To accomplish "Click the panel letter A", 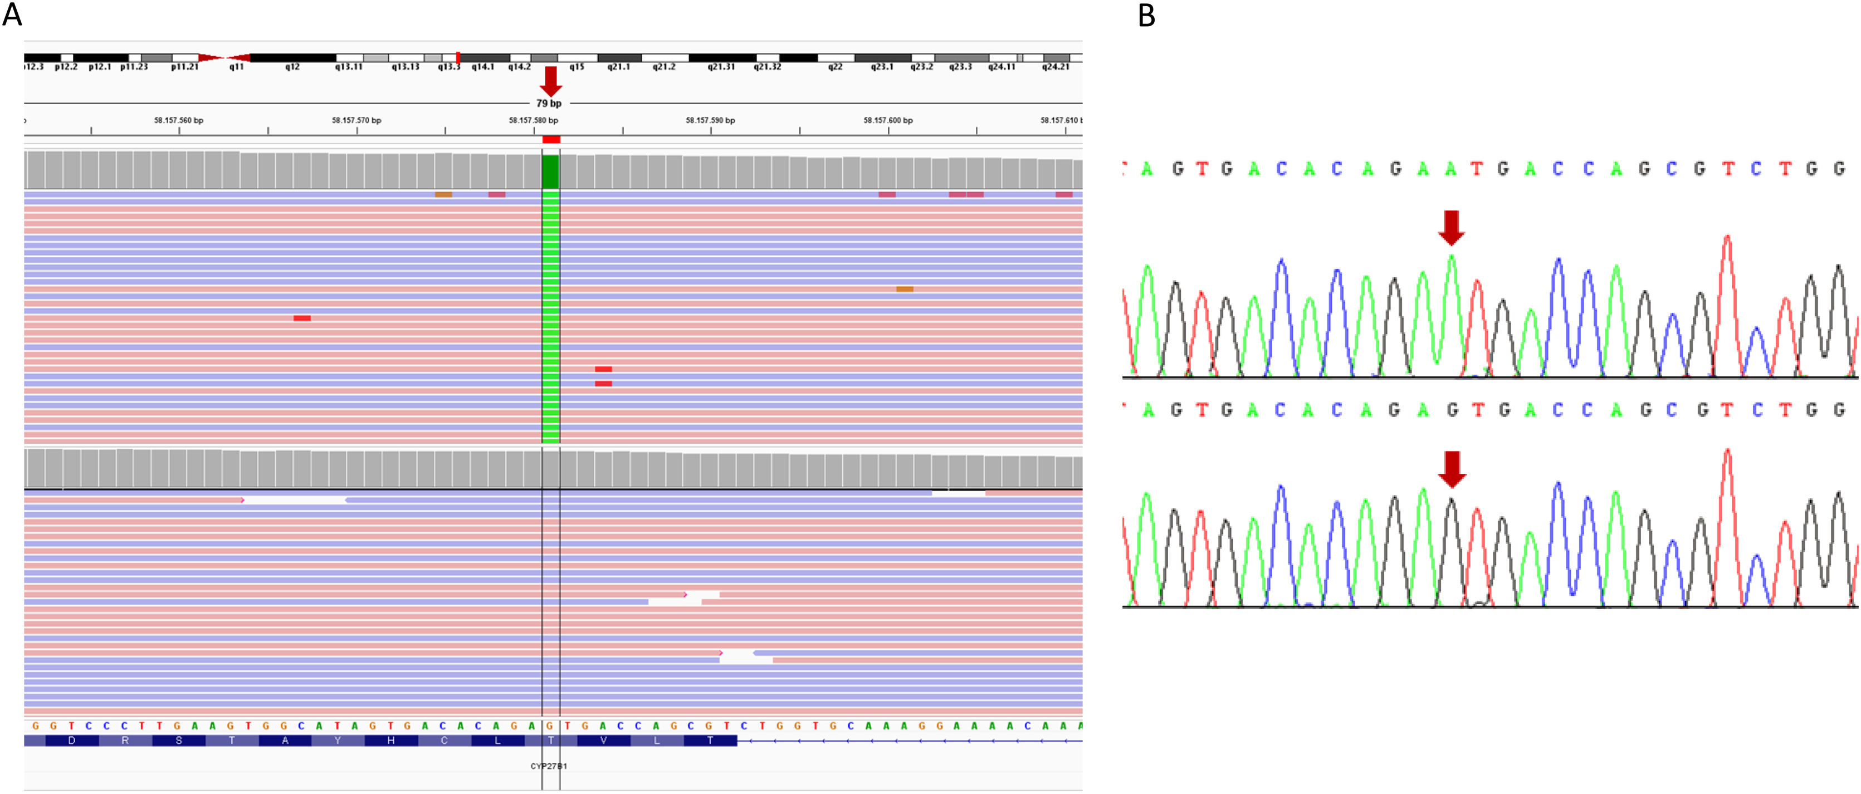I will tap(12, 14).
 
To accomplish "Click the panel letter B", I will tap(1146, 16).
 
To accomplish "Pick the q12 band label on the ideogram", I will tap(292, 66).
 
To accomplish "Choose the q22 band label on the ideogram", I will tap(835, 66).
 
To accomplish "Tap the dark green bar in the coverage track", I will tap(550, 172).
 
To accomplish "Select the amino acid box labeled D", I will tap(71, 741).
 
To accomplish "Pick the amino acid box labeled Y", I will tap(338, 741).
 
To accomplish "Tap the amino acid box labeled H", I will tap(391, 741).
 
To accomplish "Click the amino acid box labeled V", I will tap(603, 741).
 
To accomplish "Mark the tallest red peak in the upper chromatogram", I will tap(1727, 242).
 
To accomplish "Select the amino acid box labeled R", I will tap(125, 741).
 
